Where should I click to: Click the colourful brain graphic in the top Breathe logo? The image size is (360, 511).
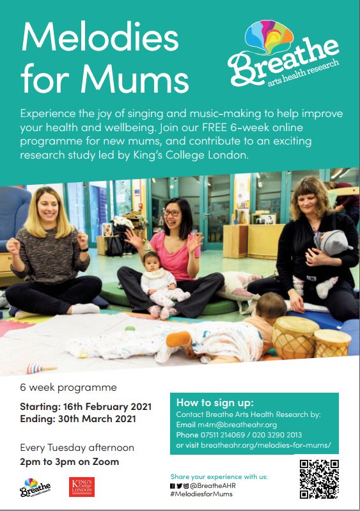coord(269,35)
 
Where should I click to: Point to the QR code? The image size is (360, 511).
coord(319,479)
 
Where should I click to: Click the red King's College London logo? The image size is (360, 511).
coord(82,487)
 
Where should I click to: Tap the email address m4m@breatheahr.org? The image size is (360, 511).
coord(237,425)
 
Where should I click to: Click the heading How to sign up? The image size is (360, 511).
coord(215,402)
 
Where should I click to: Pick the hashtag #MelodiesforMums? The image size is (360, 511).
coord(201,494)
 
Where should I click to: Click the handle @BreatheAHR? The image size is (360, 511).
coord(213,485)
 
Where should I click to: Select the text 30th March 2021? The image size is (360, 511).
coord(97,419)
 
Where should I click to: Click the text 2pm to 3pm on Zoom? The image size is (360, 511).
coord(70,462)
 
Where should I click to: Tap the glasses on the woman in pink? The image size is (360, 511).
coord(171,213)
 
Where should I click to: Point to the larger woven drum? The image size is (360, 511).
coord(295,336)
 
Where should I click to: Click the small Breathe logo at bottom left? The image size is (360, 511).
coord(35,487)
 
